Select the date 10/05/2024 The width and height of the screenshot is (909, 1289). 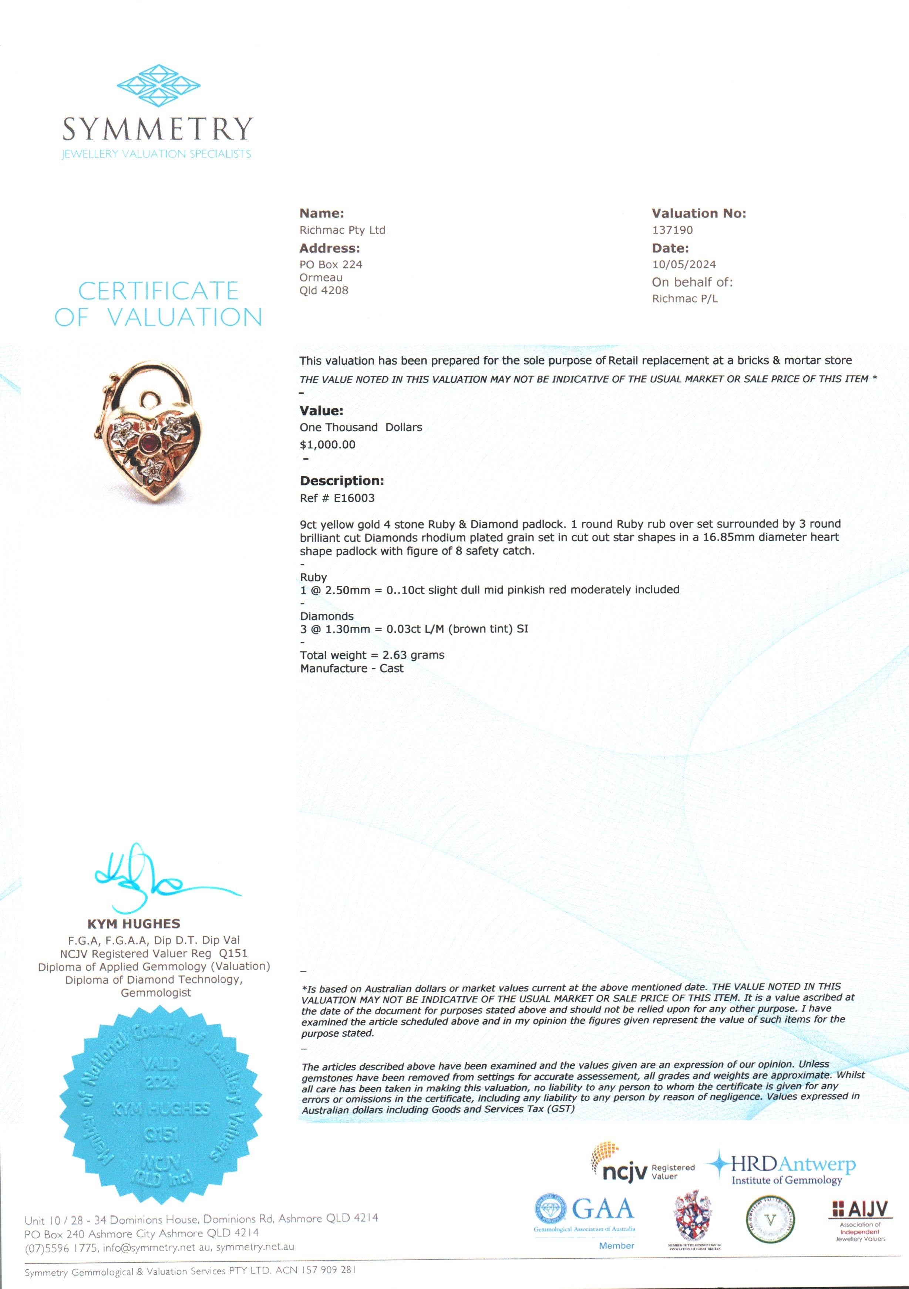click(x=684, y=264)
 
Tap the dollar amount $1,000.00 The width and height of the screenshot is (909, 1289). click(x=327, y=444)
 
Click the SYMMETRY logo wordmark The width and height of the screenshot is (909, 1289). click(x=157, y=129)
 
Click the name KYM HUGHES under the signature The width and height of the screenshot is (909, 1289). click(x=134, y=924)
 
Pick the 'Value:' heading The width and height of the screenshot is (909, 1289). click(x=321, y=410)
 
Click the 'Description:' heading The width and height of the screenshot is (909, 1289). click(x=341, y=481)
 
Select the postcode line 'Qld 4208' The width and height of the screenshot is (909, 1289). click(x=324, y=290)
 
